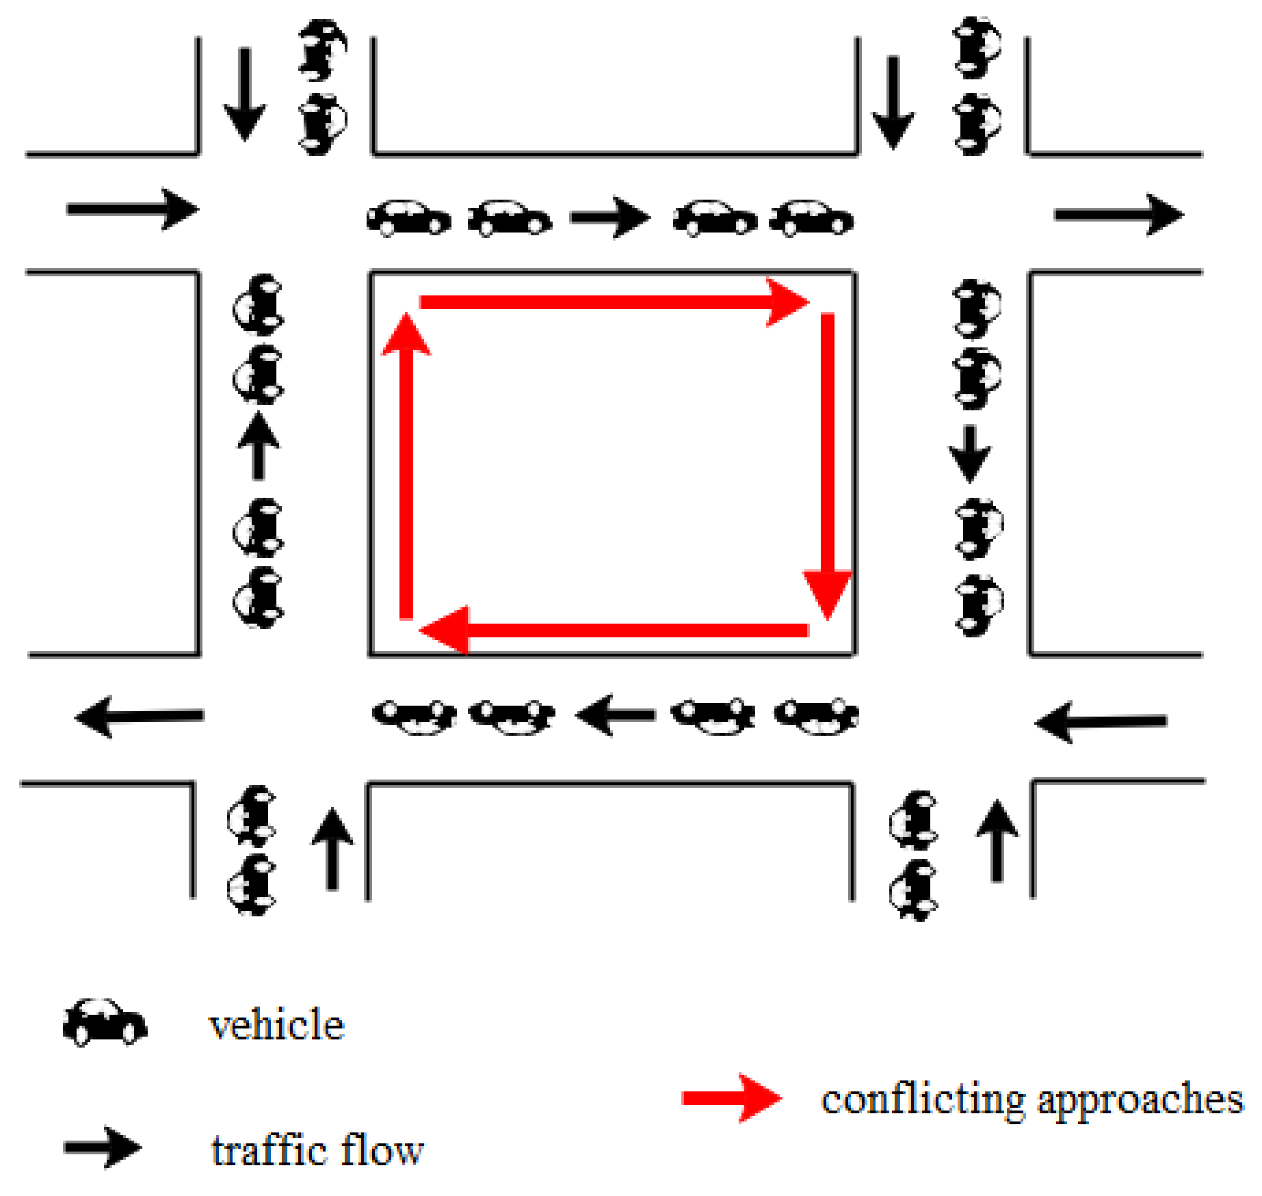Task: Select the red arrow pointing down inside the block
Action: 828,465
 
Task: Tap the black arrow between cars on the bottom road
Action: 616,715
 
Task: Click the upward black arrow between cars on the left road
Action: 258,445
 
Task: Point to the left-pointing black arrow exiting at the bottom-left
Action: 140,717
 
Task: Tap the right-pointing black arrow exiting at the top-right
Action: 1119,215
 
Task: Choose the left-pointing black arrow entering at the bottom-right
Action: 1101,721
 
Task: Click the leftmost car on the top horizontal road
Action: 409,218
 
